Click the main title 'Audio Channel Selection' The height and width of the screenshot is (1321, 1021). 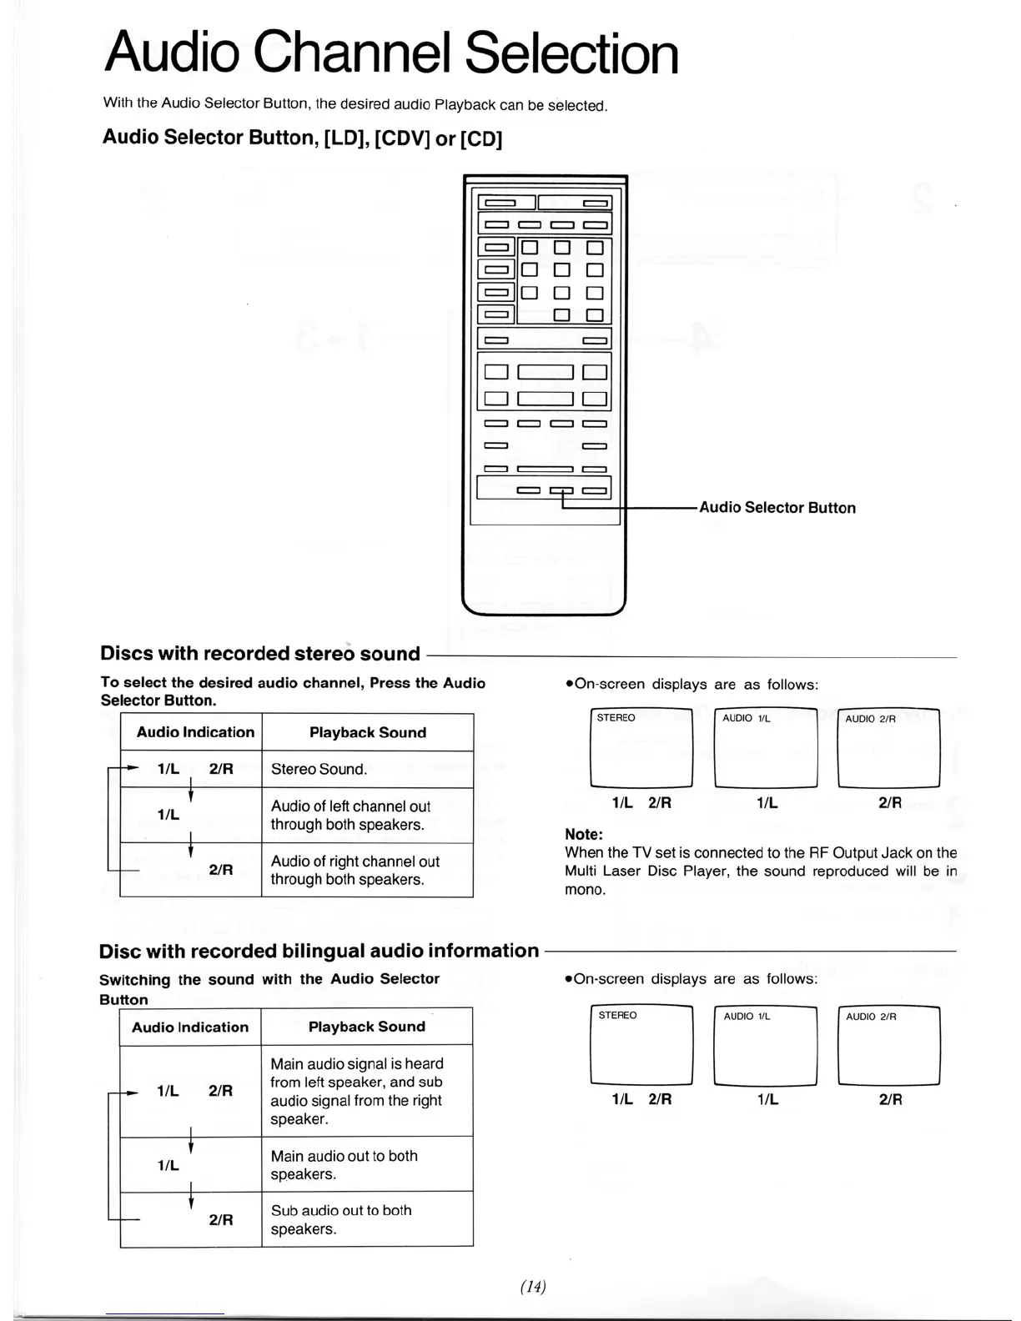(x=391, y=53)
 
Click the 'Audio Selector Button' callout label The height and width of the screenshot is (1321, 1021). (x=777, y=508)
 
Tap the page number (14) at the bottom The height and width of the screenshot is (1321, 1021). (x=532, y=1287)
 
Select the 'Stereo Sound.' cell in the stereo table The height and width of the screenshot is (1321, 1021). (x=367, y=769)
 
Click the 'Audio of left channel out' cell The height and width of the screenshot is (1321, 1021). (x=367, y=816)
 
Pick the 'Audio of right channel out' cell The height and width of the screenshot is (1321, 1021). (x=367, y=871)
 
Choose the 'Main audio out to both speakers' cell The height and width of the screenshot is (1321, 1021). (x=367, y=1165)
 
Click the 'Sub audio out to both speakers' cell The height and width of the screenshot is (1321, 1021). (x=367, y=1219)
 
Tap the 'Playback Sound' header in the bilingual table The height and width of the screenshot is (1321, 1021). (x=367, y=1027)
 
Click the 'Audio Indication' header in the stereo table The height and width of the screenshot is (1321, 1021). (x=195, y=732)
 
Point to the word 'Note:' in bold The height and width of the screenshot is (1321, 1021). (x=584, y=835)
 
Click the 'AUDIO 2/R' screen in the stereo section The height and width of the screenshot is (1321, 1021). (x=888, y=748)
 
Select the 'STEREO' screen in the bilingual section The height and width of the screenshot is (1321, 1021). (x=641, y=1046)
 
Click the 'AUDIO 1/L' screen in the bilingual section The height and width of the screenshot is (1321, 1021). (x=766, y=1046)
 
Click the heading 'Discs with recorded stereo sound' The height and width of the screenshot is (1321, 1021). (x=260, y=654)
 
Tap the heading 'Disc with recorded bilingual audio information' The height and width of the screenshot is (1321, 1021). (x=319, y=951)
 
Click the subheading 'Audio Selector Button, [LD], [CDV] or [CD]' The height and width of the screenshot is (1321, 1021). (x=302, y=138)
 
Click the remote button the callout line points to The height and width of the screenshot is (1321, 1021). (x=561, y=490)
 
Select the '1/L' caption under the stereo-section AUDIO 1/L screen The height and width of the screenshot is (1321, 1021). (x=767, y=803)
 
